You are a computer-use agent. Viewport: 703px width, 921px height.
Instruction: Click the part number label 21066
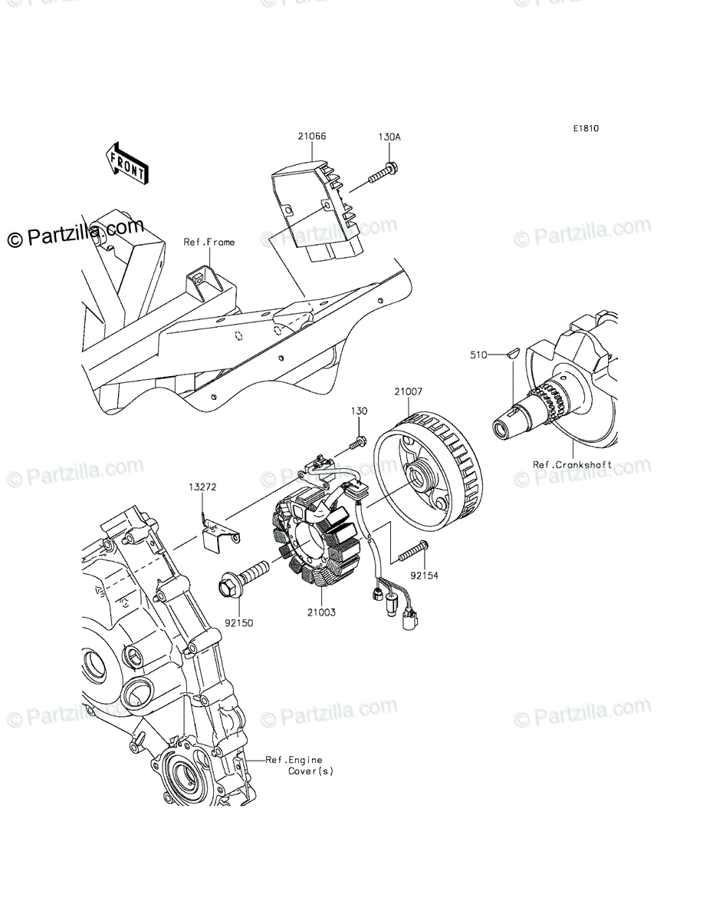tap(291, 137)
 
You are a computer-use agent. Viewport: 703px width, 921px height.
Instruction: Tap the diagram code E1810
tap(583, 129)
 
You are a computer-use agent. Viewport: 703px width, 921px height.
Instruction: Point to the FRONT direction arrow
tap(126, 163)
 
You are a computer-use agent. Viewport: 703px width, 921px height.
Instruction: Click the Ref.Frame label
tap(209, 242)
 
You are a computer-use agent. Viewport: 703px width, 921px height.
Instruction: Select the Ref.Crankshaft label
tap(573, 465)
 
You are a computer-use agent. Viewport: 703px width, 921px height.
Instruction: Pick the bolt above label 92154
tap(412, 550)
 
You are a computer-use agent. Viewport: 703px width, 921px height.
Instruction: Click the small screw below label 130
tap(358, 443)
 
